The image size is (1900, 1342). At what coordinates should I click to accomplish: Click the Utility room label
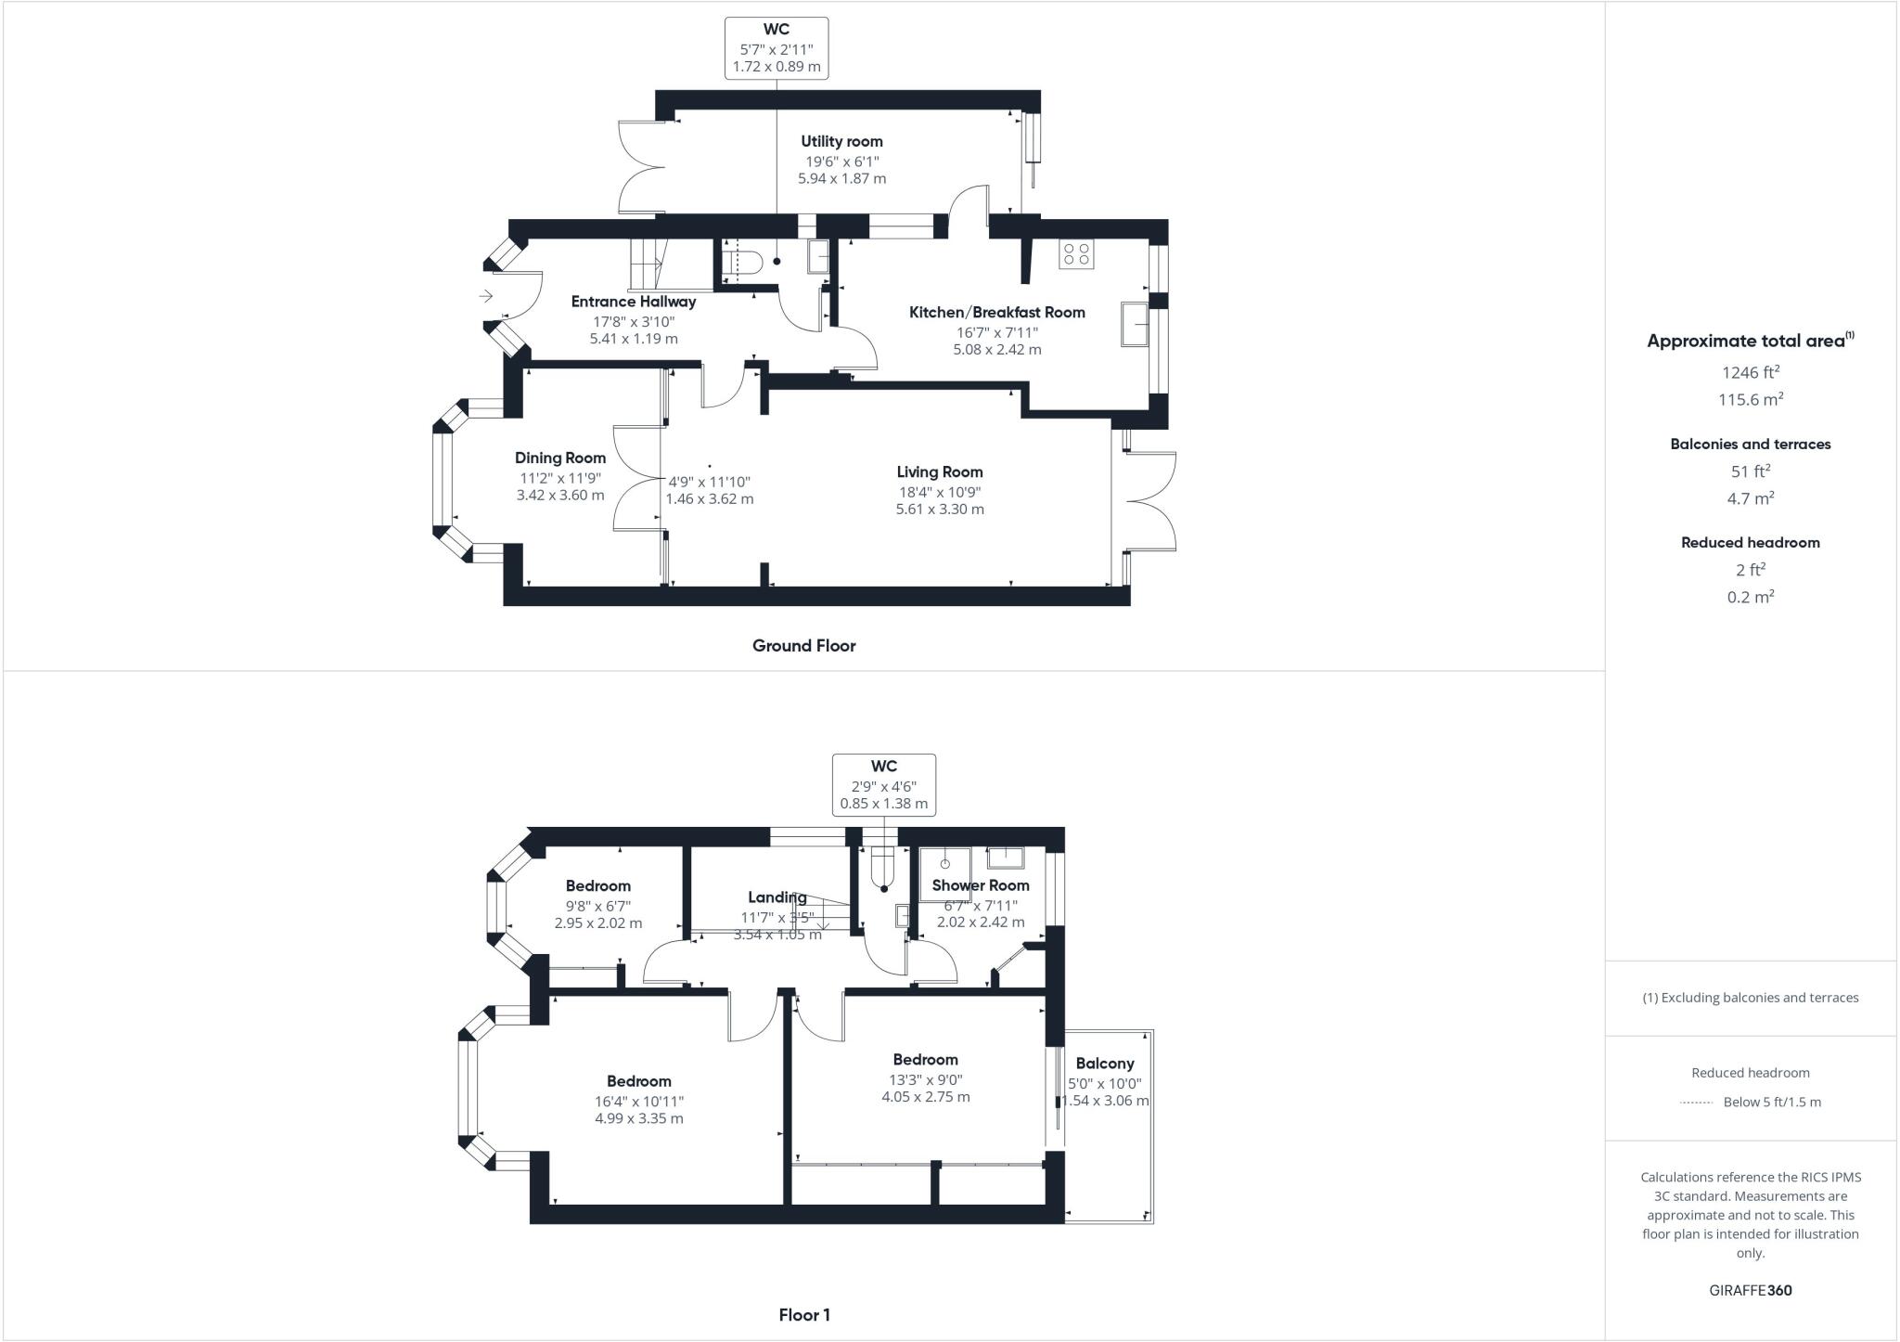pos(841,141)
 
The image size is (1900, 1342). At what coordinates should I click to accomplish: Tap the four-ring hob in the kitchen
pos(1077,254)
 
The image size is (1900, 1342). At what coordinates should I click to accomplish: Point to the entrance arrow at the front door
pos(486,296)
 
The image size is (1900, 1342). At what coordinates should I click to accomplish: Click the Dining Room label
pos(560,458)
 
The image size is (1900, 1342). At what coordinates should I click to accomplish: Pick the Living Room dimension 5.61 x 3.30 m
pos(940,509)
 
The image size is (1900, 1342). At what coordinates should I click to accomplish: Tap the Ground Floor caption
pos(803,645)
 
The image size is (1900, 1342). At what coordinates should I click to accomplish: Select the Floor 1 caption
pos(803,1314)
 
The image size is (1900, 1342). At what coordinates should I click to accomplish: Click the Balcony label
pos(1104,1064)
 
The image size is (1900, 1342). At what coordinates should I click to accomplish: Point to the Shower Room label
pos(980,885)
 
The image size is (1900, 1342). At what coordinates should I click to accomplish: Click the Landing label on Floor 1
pos(777,897)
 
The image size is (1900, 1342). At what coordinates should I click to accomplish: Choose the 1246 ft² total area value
pos(1750,372)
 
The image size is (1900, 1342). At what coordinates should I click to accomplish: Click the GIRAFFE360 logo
pos(1750,1290)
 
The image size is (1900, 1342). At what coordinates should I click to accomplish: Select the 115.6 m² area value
pos(1750,399)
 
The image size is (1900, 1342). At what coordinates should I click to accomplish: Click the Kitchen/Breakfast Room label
pos(996,312)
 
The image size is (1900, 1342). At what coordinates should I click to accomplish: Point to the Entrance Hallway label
pos(633,302)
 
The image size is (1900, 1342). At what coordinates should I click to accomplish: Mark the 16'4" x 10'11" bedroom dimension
pos(639,1102)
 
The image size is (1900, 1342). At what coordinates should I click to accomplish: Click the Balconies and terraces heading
pos(1750,444)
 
